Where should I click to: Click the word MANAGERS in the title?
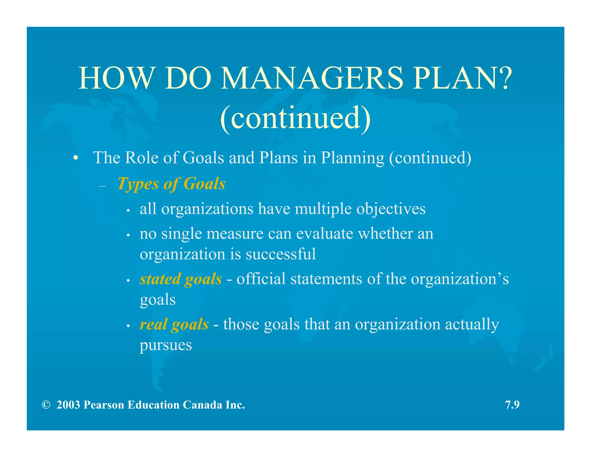(x=312, y=78)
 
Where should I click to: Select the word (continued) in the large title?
(x=295, y=118)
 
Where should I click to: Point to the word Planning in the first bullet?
(x=353, y=158)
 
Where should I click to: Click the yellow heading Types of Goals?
(x=171, y=184)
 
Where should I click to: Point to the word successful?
(x=281, y=254)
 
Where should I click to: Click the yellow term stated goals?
(x=181, y=279)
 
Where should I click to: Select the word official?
(x=261, y=279)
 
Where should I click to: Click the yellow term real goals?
(x=174, y=324)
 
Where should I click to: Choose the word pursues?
(x=166, y=345)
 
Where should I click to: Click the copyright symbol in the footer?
(x=46, y=405)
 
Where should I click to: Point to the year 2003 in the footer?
(x=68, y=405)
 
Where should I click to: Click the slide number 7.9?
(x=512, y=405)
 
